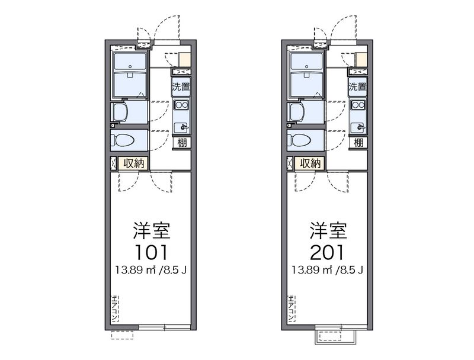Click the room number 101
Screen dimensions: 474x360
(x=151, y=252)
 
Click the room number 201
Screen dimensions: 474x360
(x=328, y=252)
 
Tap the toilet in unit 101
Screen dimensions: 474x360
(x=123, y=140)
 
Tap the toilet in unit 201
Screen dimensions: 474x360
(x=299, y=140)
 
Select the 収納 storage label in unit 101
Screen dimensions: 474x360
(x=134, y=163)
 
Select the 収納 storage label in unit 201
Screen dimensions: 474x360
(x=310, y=163)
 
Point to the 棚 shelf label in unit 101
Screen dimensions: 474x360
(x=182, y=142)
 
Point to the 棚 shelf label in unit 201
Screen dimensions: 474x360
(x=358, y=142)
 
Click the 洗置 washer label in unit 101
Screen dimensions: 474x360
(x=181, y=86)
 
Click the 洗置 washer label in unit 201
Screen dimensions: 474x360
(x=357, y=86)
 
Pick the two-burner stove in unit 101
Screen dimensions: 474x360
(x=181, y=105)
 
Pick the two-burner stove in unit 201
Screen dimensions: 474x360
(x=358, y=105)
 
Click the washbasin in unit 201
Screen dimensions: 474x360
(x=296, y=112)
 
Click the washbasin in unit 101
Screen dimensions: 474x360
(x=120, y=112)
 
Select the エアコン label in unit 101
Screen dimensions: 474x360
(x=115, y=308)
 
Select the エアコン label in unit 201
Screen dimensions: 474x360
(x=292, y=308)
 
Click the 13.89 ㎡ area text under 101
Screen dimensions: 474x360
(x=136, y=269)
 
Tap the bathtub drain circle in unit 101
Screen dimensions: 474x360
(x=130, y=66)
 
